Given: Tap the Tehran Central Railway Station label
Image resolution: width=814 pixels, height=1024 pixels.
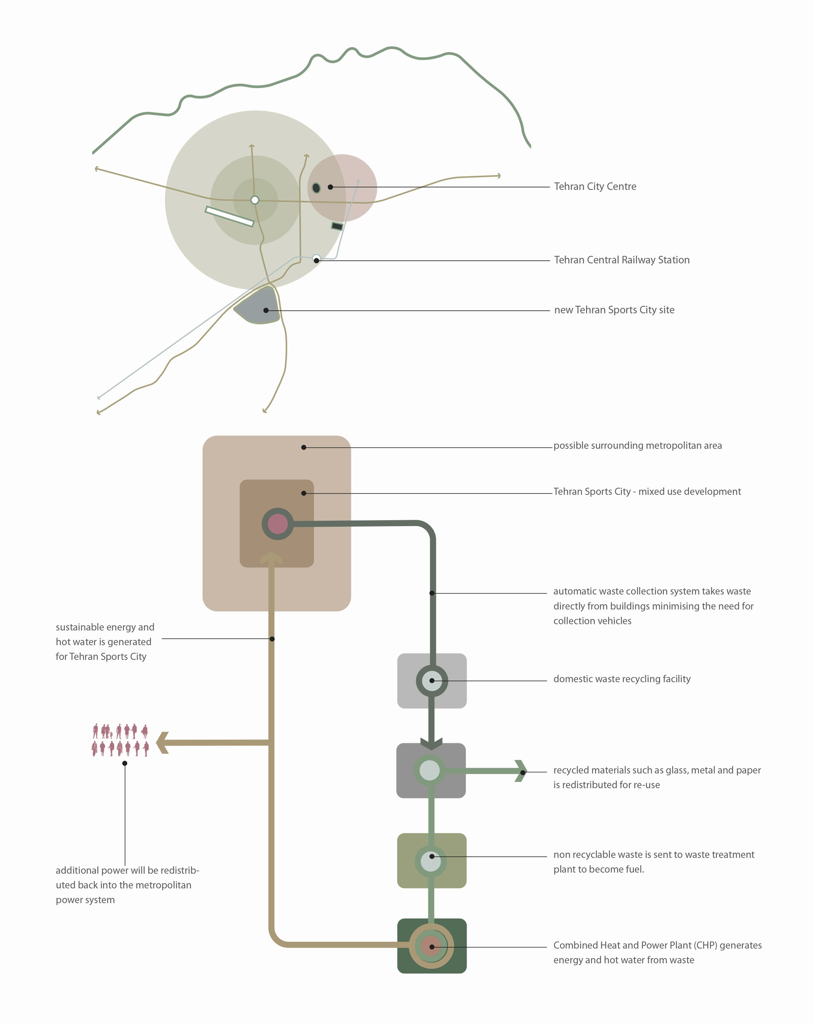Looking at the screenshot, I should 621,260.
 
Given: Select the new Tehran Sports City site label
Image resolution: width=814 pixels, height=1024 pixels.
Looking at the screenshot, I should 614,310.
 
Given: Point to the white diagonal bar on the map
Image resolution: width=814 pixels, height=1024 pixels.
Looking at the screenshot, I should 229,217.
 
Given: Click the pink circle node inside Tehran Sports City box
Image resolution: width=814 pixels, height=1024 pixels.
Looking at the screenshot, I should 278,524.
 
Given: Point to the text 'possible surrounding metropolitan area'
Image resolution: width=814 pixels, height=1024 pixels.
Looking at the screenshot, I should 637,446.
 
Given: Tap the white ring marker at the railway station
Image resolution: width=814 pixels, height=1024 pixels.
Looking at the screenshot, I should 316,258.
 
